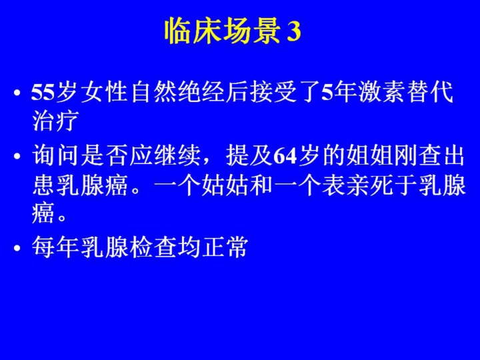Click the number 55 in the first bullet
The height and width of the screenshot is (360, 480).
[43, 92]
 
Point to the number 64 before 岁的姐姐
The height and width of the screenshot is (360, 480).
[285, 155]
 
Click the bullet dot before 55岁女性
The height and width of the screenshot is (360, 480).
[17, 93]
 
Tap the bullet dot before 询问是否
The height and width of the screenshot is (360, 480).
[17, 156]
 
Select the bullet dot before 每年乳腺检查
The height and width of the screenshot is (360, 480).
[17, 247]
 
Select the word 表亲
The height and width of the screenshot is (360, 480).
[345, 185]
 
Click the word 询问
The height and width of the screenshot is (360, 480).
[55, 155]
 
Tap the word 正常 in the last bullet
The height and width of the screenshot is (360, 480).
[225, 247]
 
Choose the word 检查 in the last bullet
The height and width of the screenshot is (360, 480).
[152, 247]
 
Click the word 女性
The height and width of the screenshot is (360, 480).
[105, 92]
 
